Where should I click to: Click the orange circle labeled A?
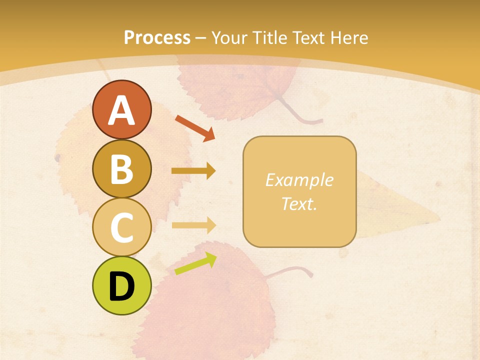tap(121, 109)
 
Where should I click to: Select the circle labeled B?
tap(121, 168)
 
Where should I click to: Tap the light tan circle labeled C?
tap(121, 227)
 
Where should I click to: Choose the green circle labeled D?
tap(121, 286)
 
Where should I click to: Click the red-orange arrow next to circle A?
tap(195, 127)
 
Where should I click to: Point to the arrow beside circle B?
tap(193, 171)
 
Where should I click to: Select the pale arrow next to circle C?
tap(193, 225)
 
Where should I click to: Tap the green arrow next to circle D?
tap(195, 264)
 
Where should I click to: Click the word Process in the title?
tap(157, 37)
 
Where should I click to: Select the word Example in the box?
tap(299, 180)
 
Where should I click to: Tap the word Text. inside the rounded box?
tap(299, 203)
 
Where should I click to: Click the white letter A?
tap(121, 110)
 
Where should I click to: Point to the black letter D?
tap(121, 286)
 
